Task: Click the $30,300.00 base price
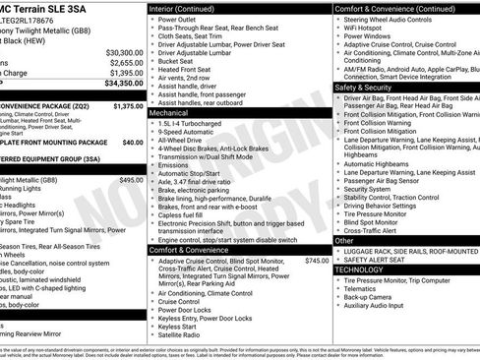[x=117, y=52]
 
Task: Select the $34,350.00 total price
[x=117, y=84]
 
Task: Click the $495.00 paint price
[x=131, y=180]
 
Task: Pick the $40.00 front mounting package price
[x=132, y=143]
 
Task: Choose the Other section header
[x=344, y=240]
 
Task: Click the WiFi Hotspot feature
[x=368, y=30]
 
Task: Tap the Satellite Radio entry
[x=182, y=335]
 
